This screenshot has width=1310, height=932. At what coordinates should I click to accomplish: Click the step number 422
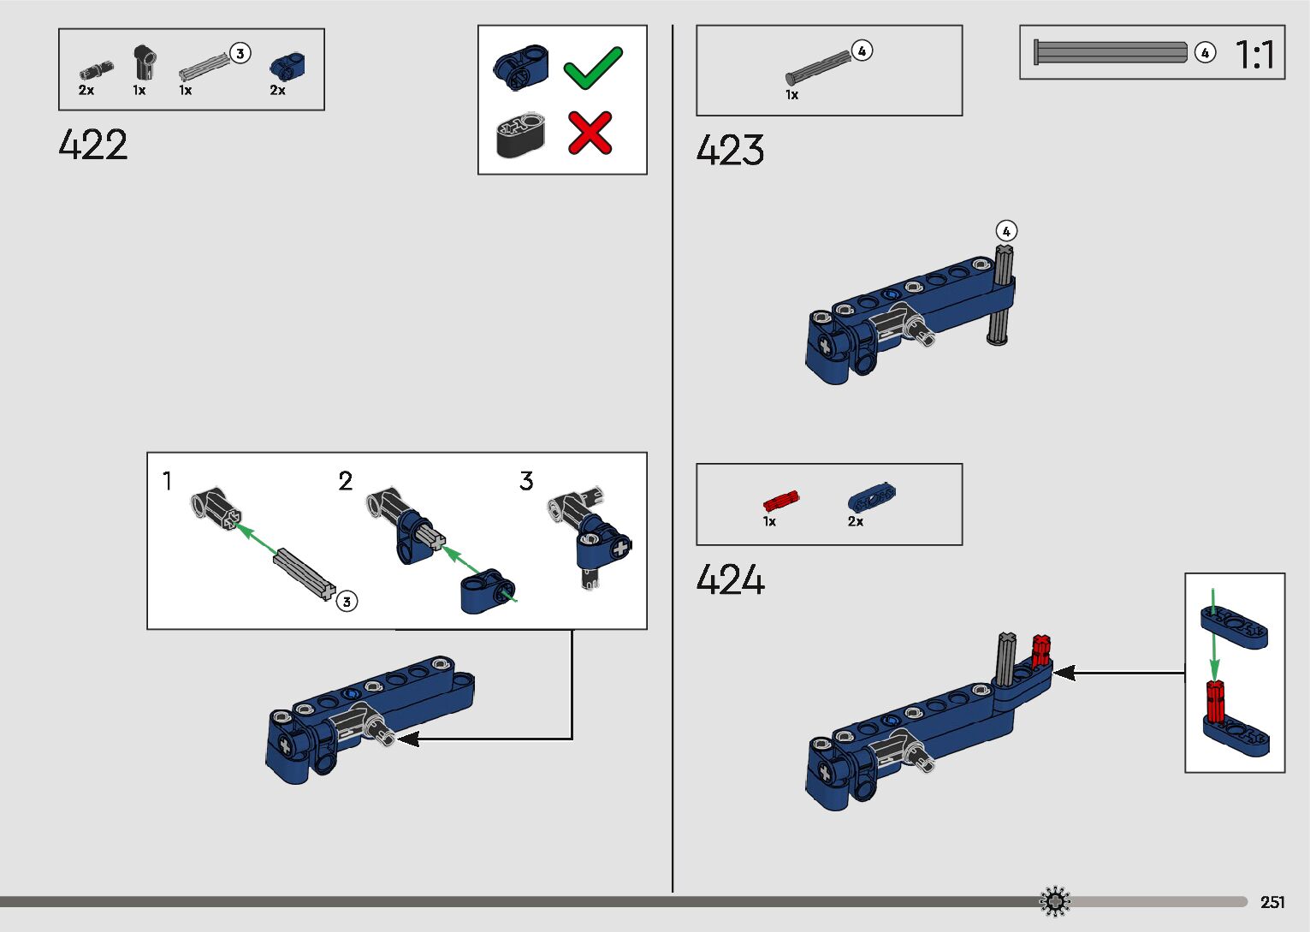point(93,145)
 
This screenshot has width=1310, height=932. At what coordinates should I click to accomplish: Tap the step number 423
point(730,150)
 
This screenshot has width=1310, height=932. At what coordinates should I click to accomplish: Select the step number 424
point(730,579)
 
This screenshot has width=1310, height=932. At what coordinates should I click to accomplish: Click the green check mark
point(592,68)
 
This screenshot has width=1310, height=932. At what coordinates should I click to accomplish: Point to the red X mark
point(590,133)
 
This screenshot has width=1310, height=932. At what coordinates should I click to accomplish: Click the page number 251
point(1272,902)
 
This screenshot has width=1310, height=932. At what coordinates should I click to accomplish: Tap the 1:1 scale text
point(1254,55)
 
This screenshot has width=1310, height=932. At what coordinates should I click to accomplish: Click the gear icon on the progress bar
point(1054,901)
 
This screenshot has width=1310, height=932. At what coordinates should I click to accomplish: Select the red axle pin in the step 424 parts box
point(780,501)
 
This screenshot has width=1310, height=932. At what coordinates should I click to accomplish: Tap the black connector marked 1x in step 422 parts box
point(144,62)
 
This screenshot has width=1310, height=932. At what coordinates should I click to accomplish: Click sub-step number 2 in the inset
point(346,481)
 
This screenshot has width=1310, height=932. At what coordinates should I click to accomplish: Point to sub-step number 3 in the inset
point(526,481)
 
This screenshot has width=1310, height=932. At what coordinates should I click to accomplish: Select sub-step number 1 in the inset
point(168,481)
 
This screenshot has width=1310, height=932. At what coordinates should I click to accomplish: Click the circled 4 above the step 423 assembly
point(1006,231)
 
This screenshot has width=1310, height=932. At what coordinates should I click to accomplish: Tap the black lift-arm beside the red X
point(520,134)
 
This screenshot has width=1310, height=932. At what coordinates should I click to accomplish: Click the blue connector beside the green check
point(520,65)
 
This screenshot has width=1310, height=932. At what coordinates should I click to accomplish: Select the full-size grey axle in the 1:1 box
point(1110,52)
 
